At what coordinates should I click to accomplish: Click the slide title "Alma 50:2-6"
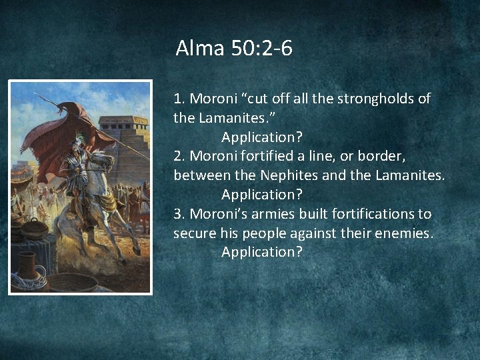click(x=234, y=49)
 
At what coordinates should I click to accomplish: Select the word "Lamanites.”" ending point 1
click(x=229, y=119)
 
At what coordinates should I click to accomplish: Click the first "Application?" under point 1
click(x=261, y=137)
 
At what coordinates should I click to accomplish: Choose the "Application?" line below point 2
click(x=261, y=195)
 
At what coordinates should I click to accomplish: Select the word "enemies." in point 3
click(x=407, y=233)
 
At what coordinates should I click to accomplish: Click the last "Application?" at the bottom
click(x=261, y=252)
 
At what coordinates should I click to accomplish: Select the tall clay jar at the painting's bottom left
click(x=27, y=267)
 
